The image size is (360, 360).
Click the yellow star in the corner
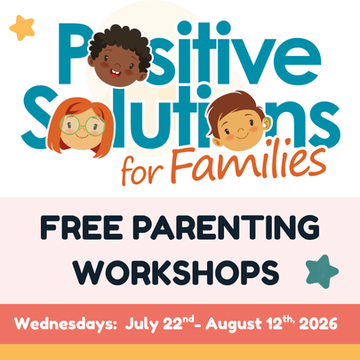point(22,28)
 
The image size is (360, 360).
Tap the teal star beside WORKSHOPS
point(322,271)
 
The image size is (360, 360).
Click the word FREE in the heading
point(82,228)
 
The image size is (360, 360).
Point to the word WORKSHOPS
point(177,273)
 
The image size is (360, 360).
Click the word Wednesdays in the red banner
point(65,324)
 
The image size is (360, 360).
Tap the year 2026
point(318,324)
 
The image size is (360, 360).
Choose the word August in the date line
point(234,324)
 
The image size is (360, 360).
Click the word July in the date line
point(141,324)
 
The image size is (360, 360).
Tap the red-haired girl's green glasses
point(83,124)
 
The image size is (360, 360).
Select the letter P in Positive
point(74,53)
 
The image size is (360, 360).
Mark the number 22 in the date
point(172,324)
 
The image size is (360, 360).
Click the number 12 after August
point(276,324)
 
